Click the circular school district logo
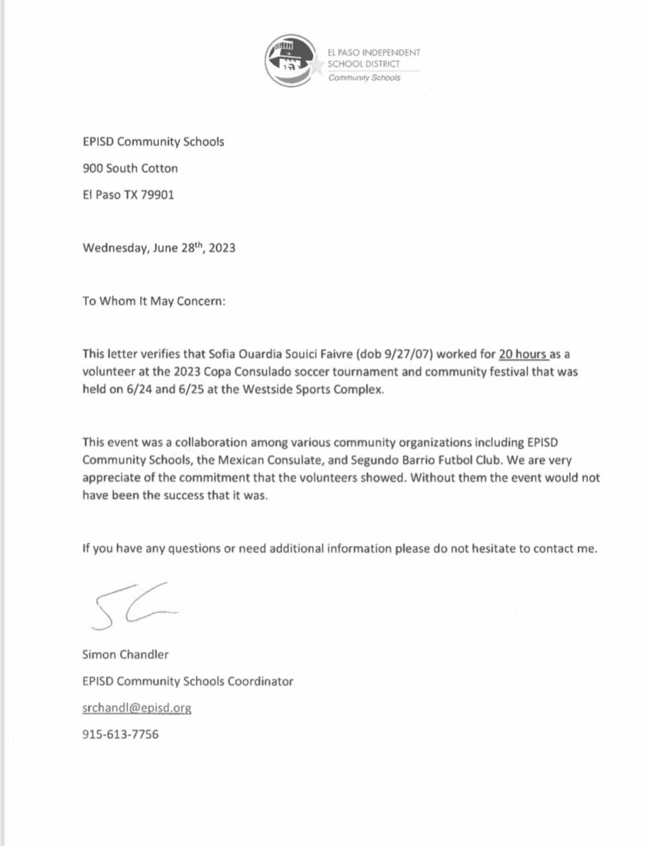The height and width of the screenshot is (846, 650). [290, 61]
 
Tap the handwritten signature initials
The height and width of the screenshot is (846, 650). [132, 605]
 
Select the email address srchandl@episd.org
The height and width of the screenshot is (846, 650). [137, 707]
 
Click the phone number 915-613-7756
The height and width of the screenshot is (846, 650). [120, 734]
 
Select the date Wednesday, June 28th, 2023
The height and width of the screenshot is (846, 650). [159, 248]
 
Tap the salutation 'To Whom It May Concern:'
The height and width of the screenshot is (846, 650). [154, 301]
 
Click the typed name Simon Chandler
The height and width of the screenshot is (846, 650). [126, 654]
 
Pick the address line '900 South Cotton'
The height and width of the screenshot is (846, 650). [130, 169]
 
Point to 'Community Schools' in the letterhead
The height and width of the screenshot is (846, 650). [365, 78]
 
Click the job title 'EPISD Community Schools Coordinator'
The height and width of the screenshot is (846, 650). [188, 681]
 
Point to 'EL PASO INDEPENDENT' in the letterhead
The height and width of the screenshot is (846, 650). [374, 52]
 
